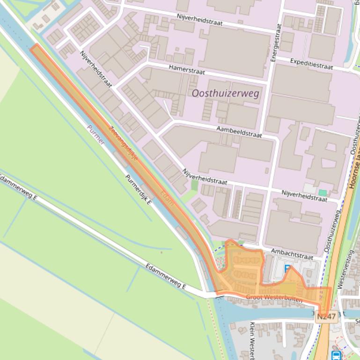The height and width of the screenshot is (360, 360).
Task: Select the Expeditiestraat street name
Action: tap(311, 64)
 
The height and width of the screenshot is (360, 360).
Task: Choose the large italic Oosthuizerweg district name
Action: tap(225, 94)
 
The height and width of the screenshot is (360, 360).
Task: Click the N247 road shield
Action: tap(326, 317)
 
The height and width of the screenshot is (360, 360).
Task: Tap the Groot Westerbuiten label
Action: tap(274, 297)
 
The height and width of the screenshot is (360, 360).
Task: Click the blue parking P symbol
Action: tap(288, 269)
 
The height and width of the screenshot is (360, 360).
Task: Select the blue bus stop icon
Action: tap(336, 355)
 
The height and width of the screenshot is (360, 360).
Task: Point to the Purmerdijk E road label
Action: tap(138, 190)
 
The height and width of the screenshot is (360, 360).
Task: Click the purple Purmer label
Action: tap(96, 135)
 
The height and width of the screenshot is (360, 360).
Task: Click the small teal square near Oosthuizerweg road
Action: tap(322, 193)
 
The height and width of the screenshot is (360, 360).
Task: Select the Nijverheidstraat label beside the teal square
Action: tap(304, 195)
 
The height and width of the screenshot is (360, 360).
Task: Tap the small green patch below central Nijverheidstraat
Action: tap(194, 185)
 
